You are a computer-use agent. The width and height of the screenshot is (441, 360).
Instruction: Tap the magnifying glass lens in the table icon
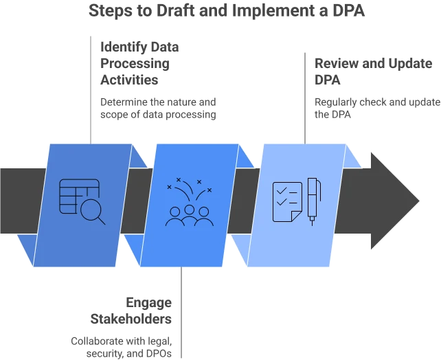(90, 207)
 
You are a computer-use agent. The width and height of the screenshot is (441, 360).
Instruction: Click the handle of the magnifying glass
(101, 220)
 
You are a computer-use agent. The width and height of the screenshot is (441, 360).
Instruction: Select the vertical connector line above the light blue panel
(304, 96)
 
